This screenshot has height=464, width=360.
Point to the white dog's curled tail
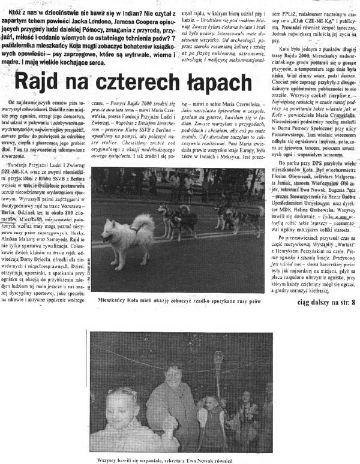[145, 223]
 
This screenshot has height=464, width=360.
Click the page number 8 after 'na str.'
[353, 302]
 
